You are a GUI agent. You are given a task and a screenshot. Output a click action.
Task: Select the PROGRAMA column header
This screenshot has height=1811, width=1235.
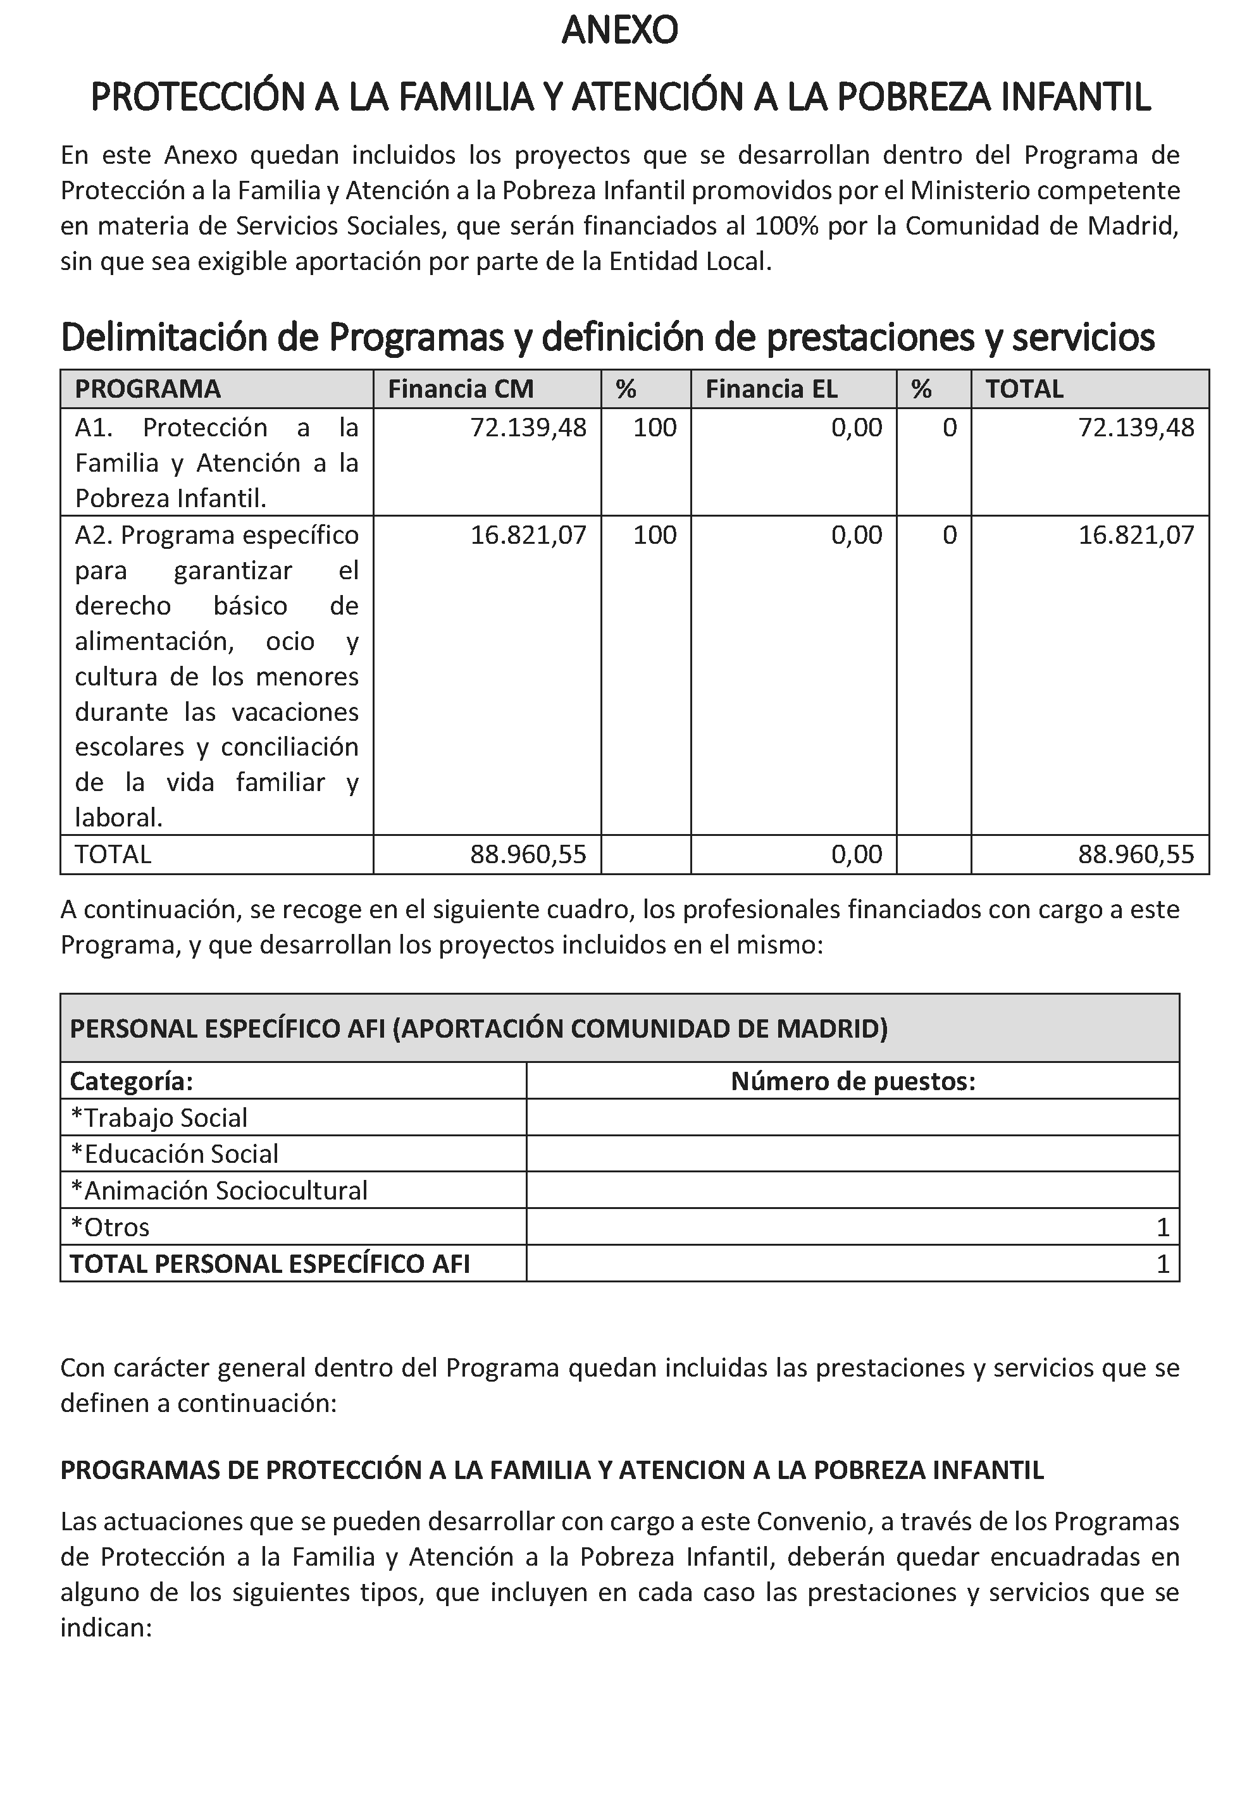(x=147, y=389)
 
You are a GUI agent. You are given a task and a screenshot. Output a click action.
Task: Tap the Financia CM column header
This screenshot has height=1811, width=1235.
(x=460, y=389)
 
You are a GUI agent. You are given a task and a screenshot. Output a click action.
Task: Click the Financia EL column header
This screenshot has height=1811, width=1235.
(x=771, y=389)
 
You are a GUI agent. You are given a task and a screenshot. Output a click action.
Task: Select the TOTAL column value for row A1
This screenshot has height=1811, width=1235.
(x=1135, y=428)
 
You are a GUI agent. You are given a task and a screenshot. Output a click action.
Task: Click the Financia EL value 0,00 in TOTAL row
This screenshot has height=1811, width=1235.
(x=856, y=855)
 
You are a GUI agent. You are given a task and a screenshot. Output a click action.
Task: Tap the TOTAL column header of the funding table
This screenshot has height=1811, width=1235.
(x=1024, y=389)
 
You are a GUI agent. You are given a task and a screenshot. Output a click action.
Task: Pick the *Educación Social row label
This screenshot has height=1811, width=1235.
(x=174, y=1154)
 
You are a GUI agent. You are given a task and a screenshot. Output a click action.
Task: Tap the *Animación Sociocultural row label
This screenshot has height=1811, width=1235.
(x=218, y=1191)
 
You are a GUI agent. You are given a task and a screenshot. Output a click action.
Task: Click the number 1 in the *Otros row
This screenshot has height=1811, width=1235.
(x=1162, y=1227)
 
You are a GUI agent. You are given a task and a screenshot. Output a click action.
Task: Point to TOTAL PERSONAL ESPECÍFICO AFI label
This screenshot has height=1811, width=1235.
(x=270, y=1263)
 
